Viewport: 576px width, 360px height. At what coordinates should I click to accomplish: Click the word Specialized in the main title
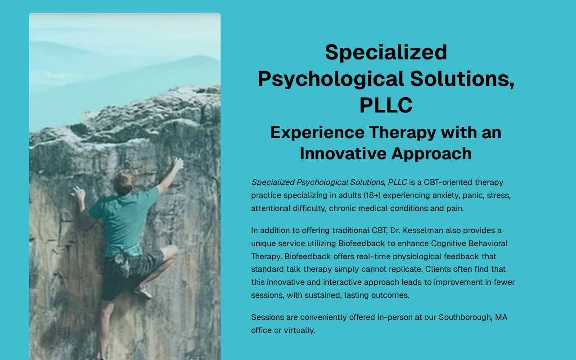pyautogui.click(x=386, y=53)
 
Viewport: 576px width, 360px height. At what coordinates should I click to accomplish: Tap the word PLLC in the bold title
pyautogui.click(x=386, y=105)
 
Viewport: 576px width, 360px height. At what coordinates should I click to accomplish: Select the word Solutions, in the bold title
pyautogui.click(x=462, y=79)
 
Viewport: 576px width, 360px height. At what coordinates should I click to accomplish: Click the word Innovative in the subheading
pyautogui.click(x=343, y=153)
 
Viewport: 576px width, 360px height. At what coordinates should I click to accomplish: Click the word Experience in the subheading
pyautogui.click(x=317, y=133)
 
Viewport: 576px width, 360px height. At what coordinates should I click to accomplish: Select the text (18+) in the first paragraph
pyautogui.click(x=372, y=195)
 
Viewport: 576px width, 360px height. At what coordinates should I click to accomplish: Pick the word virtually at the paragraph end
pyautogui.click(x=299, y=331)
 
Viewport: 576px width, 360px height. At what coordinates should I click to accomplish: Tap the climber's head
pyautogui.click(x=124, y=182)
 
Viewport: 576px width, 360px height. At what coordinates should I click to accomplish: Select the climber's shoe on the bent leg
pyautogui.click(x=143, y=292)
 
